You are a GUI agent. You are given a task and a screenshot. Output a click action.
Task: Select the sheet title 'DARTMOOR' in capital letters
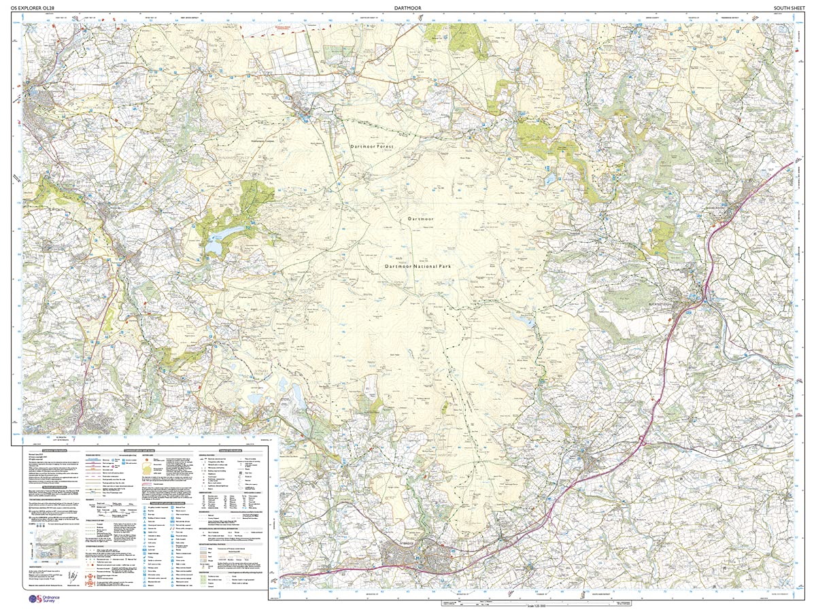tap(407, 8)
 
